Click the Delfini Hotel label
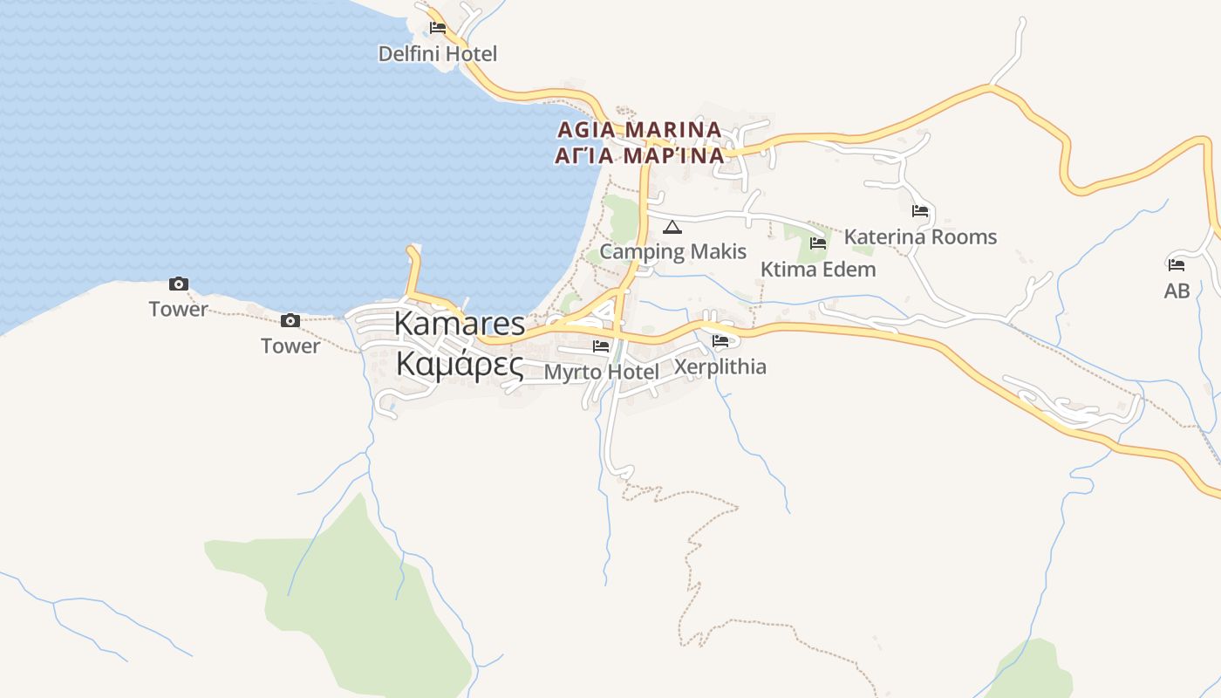(x=437, y=54)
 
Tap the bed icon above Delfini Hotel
(x=438, y=28)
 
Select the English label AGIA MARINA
(x=639, y=130)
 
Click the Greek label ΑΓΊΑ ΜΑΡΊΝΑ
(x=639, y=156)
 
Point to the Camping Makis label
(x=673, y=252)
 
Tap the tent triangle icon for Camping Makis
(x=672, y=228)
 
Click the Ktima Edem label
(x=818, y=270)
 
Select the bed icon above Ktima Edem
(x=818, y=243)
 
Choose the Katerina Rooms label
(x=920, y=236)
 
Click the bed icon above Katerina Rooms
(x=920, y=211)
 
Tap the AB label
(x=1177, y=291)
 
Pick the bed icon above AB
(x=1177, y=264)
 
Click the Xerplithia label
(x=720, y=366)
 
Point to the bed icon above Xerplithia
(x=720, y=340)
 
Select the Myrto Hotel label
(x=602, y=373)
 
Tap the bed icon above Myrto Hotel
(x=601, y=346)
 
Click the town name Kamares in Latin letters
(x=460, y=324)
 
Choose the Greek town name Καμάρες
(x=460, y=365)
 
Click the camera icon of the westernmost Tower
(x=179, y=284)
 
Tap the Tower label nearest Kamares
(x=290, y=346)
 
